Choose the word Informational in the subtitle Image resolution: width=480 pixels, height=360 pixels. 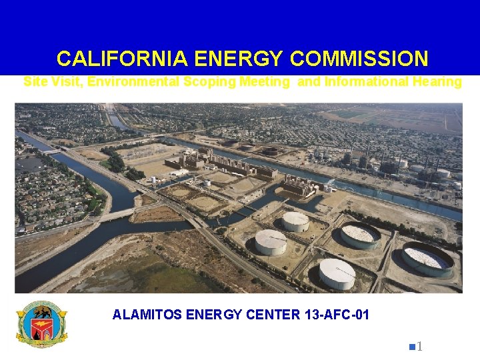361,82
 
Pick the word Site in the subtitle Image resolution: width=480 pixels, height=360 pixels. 35,82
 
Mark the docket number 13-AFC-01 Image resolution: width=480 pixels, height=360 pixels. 336,315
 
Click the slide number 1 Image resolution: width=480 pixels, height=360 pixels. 421,346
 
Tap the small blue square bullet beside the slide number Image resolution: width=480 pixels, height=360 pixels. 413,346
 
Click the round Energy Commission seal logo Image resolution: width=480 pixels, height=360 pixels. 41,325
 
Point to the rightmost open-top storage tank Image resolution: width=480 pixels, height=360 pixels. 427,259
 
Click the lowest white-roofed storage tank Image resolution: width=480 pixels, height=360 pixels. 337,273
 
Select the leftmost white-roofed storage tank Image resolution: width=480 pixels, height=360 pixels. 270,241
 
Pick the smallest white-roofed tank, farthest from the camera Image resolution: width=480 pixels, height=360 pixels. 295,221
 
